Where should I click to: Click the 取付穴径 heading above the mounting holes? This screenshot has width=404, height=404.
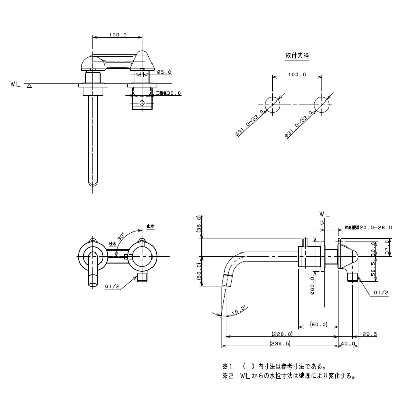click(297, 56)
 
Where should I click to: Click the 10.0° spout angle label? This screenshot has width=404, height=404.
click(238, 308)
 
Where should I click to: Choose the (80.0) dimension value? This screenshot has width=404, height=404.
click(319, 324)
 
